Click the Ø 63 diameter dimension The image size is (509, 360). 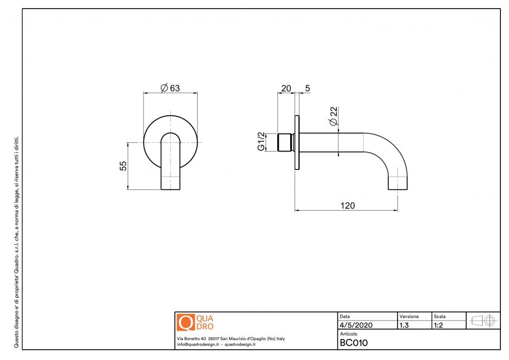point(170,88)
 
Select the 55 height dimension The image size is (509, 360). point(123,166)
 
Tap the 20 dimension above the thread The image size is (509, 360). point(286,88)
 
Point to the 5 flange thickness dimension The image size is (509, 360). point(307,88)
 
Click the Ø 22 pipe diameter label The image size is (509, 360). point(334,116)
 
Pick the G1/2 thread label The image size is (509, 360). point(260,142)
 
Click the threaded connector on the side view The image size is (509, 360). point(284,142)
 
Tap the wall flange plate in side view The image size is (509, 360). point(297,142)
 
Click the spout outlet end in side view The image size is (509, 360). point(398,187)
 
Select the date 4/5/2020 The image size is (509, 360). point(356,325)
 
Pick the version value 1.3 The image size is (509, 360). point(404,325)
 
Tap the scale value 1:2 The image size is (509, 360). point(439,325)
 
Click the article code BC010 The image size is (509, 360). point(354,342)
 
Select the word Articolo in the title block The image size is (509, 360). point(349,334)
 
